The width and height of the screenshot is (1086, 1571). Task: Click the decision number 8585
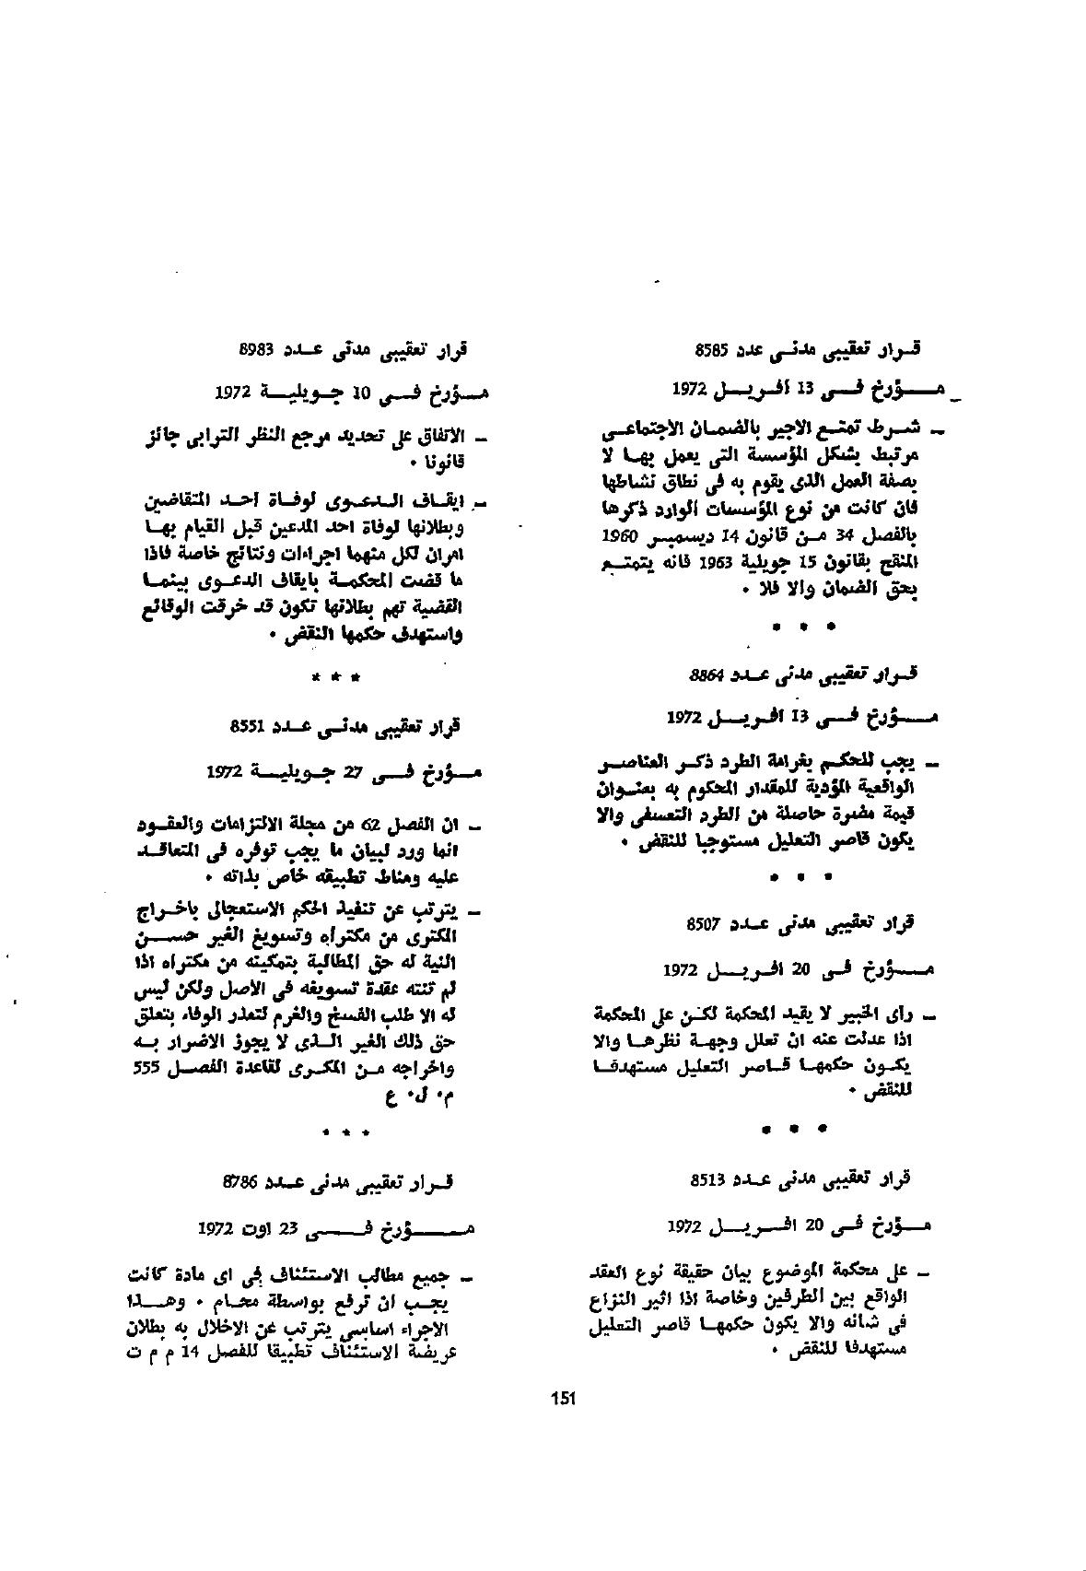(713, 349)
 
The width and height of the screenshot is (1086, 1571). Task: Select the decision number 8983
(256, 349)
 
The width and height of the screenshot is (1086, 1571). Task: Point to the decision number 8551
(250, 725)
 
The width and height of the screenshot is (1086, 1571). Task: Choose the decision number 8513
(707, 1178)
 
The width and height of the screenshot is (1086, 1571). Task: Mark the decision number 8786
(241, 1180)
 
